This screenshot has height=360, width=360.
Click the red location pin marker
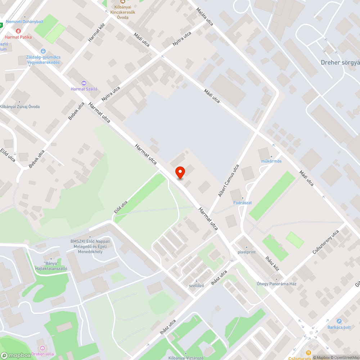pos(180,172)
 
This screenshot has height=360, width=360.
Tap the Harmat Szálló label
pos(84,89)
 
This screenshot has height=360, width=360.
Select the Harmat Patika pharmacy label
pos(18,37)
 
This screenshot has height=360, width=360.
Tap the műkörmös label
pos(271,161)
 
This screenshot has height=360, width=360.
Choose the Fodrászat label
pos(242,203)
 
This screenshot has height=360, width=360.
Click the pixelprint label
pos(247,252)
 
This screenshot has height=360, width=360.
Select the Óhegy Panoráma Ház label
pos(276,284)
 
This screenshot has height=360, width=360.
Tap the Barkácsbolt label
pos(339,327)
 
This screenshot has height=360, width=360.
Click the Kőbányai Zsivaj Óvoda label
pos(20,107)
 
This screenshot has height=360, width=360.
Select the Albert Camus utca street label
pos(228,181)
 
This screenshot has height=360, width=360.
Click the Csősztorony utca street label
pos(326,242)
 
